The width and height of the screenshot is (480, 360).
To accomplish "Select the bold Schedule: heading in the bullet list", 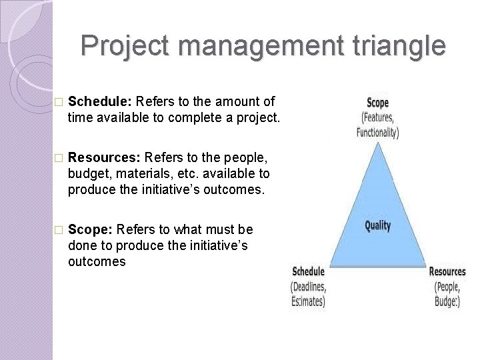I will tap(100, 102).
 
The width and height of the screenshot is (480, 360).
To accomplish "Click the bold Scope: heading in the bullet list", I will tap(91, 230).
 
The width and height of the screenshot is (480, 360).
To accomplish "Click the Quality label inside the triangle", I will tap(377, 225).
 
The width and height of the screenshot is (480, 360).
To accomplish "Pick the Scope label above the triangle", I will tap(378, 103).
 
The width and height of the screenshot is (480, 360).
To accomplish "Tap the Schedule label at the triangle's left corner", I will tap(308, 271).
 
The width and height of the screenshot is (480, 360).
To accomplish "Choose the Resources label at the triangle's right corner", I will tap(447, 271).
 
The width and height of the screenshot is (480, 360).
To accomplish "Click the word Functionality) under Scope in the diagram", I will tap(377, 132).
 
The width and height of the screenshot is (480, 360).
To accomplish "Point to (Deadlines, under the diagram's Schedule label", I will tap(308, 287).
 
